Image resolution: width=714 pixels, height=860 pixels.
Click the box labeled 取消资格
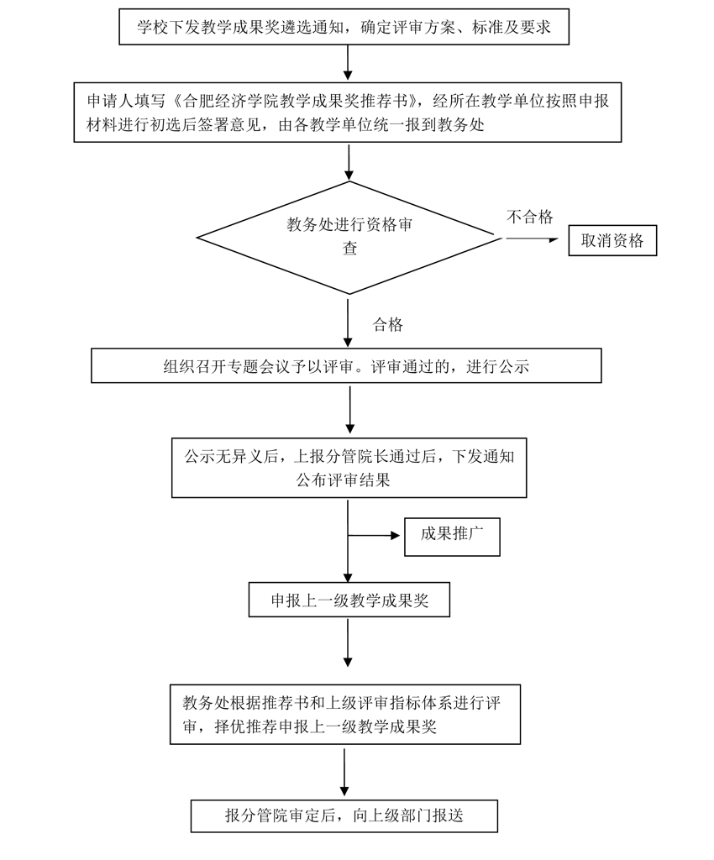pyautogui.click(x=612, y=240)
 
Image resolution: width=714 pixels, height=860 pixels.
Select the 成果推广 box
pyautogui.click(x=452, y=537)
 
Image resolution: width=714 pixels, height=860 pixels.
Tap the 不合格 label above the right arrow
pyautogui.click(x=529, y=218)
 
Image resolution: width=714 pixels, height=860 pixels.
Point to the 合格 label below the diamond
pyautogui.click(x=388, y=325)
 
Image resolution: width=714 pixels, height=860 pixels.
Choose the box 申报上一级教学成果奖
pyautogui.click(x=349, y=600)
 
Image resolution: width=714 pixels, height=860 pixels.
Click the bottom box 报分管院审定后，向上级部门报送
pyautogui.click(x=344, y=815)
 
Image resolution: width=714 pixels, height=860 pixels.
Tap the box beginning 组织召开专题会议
pyautogui.click(x=346, y=366)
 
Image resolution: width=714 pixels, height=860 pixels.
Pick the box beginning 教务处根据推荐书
pyautogui.click(x=344, y=714)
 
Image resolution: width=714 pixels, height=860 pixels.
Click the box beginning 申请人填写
pyautogui.click(x=348, y=113)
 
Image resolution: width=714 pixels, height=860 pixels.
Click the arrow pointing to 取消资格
pyautogui.click(x=532, y=239)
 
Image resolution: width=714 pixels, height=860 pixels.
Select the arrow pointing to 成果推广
pyautogui.click(x=375, y=535)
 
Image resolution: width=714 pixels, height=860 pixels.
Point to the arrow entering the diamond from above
pyautogui.click(x=348, y=162)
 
